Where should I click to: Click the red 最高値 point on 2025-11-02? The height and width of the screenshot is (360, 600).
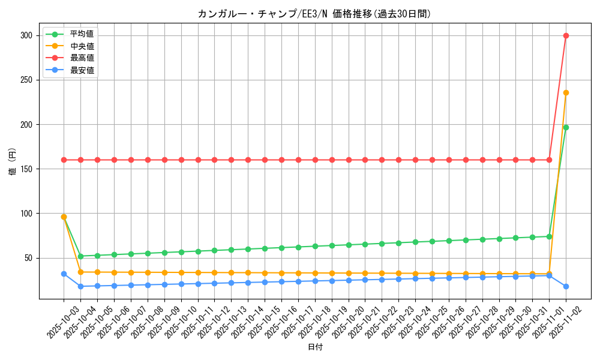[566, 35]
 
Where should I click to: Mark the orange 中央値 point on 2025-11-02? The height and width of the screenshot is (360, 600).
[566, 92]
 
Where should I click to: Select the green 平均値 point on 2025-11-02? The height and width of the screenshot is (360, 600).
[566, 127]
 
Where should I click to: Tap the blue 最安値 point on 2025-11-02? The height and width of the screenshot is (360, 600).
[566, 286]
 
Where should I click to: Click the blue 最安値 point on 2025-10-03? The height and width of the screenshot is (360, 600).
[64, 274]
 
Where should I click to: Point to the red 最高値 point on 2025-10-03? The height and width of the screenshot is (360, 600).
[64, 160]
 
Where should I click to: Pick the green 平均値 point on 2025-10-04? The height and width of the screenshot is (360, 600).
[80, 256]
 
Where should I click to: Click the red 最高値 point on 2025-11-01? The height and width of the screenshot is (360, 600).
[549, 160]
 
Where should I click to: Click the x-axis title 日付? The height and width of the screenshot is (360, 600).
[315, 347]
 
